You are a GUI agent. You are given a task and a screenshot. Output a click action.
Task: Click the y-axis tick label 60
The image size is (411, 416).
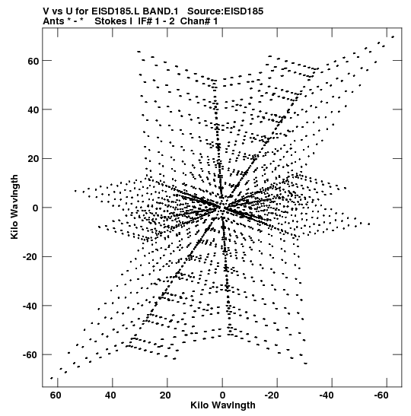click(x=33, y=61)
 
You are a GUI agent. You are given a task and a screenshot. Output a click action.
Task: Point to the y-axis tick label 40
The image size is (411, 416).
click(x=33, y=110)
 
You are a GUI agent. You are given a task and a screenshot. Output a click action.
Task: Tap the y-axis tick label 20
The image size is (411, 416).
click(x=33, y=159)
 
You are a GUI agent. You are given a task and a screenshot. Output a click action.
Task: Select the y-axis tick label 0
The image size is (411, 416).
click(x=36, y=208)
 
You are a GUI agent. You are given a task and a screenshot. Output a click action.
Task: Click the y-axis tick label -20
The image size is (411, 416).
click(x=31, y=257)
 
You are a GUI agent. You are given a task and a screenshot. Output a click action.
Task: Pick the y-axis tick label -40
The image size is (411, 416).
click(x=31, y=306)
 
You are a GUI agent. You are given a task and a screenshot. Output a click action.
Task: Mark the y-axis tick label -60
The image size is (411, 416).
click(x=31, y=355)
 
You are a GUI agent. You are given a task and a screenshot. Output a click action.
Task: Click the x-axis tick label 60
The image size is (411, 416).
click(x=56, y=395)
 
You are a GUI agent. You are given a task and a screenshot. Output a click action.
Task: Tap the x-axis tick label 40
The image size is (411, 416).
click(x=110, y=395)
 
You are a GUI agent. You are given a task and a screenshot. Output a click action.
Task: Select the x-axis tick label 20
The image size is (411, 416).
click(x=165, y=395)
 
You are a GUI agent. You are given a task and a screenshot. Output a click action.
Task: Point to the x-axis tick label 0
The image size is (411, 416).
click(x=222, y=395)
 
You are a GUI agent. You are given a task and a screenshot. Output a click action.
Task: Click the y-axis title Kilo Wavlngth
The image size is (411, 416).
click(x=14, y=207)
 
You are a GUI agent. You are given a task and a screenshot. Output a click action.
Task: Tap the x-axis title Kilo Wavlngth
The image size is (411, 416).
click(x=223, y=405)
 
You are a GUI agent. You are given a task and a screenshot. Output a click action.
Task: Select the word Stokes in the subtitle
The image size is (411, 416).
click(x=111, y=21)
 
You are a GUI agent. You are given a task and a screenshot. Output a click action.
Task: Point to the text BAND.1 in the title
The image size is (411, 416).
click(x=161, y=11)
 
